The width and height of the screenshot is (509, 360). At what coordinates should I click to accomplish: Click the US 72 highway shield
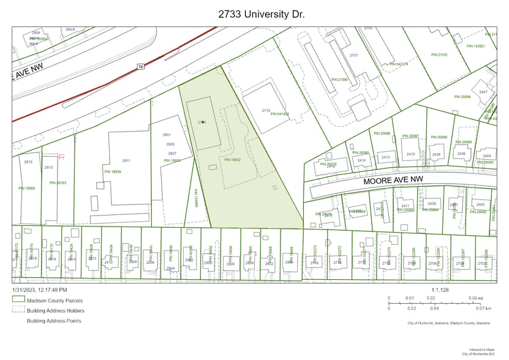pyautogui.click(x=141, y=66)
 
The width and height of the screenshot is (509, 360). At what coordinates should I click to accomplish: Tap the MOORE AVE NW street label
pyautogui.click(x=393, y=180)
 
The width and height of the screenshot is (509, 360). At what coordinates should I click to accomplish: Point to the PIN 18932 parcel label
pyautogui.click(x=232, y=160)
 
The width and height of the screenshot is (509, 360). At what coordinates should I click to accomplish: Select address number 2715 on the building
pyautogui.click(x=266, y=110)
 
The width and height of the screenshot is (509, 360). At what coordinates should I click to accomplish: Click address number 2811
pyautogui.click(x=126, y=160)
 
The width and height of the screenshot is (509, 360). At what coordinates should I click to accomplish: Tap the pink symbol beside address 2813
pyautogui.click(x=61, y=157)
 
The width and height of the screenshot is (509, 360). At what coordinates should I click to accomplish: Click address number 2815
pyautogui.click(x=28, y=162)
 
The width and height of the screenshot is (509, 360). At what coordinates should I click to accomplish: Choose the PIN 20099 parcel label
pyautogui.click(x=462, y=97)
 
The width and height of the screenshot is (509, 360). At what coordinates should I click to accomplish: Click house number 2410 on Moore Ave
pyautogui.click(x=410, y=154)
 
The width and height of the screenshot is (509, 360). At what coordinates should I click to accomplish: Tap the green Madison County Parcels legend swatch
pyautogui.click(x=18, y=301)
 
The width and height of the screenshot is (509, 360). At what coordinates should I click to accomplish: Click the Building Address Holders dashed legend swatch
pyautogui.click(x=18, y=310)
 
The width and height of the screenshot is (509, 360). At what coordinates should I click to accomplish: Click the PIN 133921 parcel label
pyautogui.click(x=476, y=46)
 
